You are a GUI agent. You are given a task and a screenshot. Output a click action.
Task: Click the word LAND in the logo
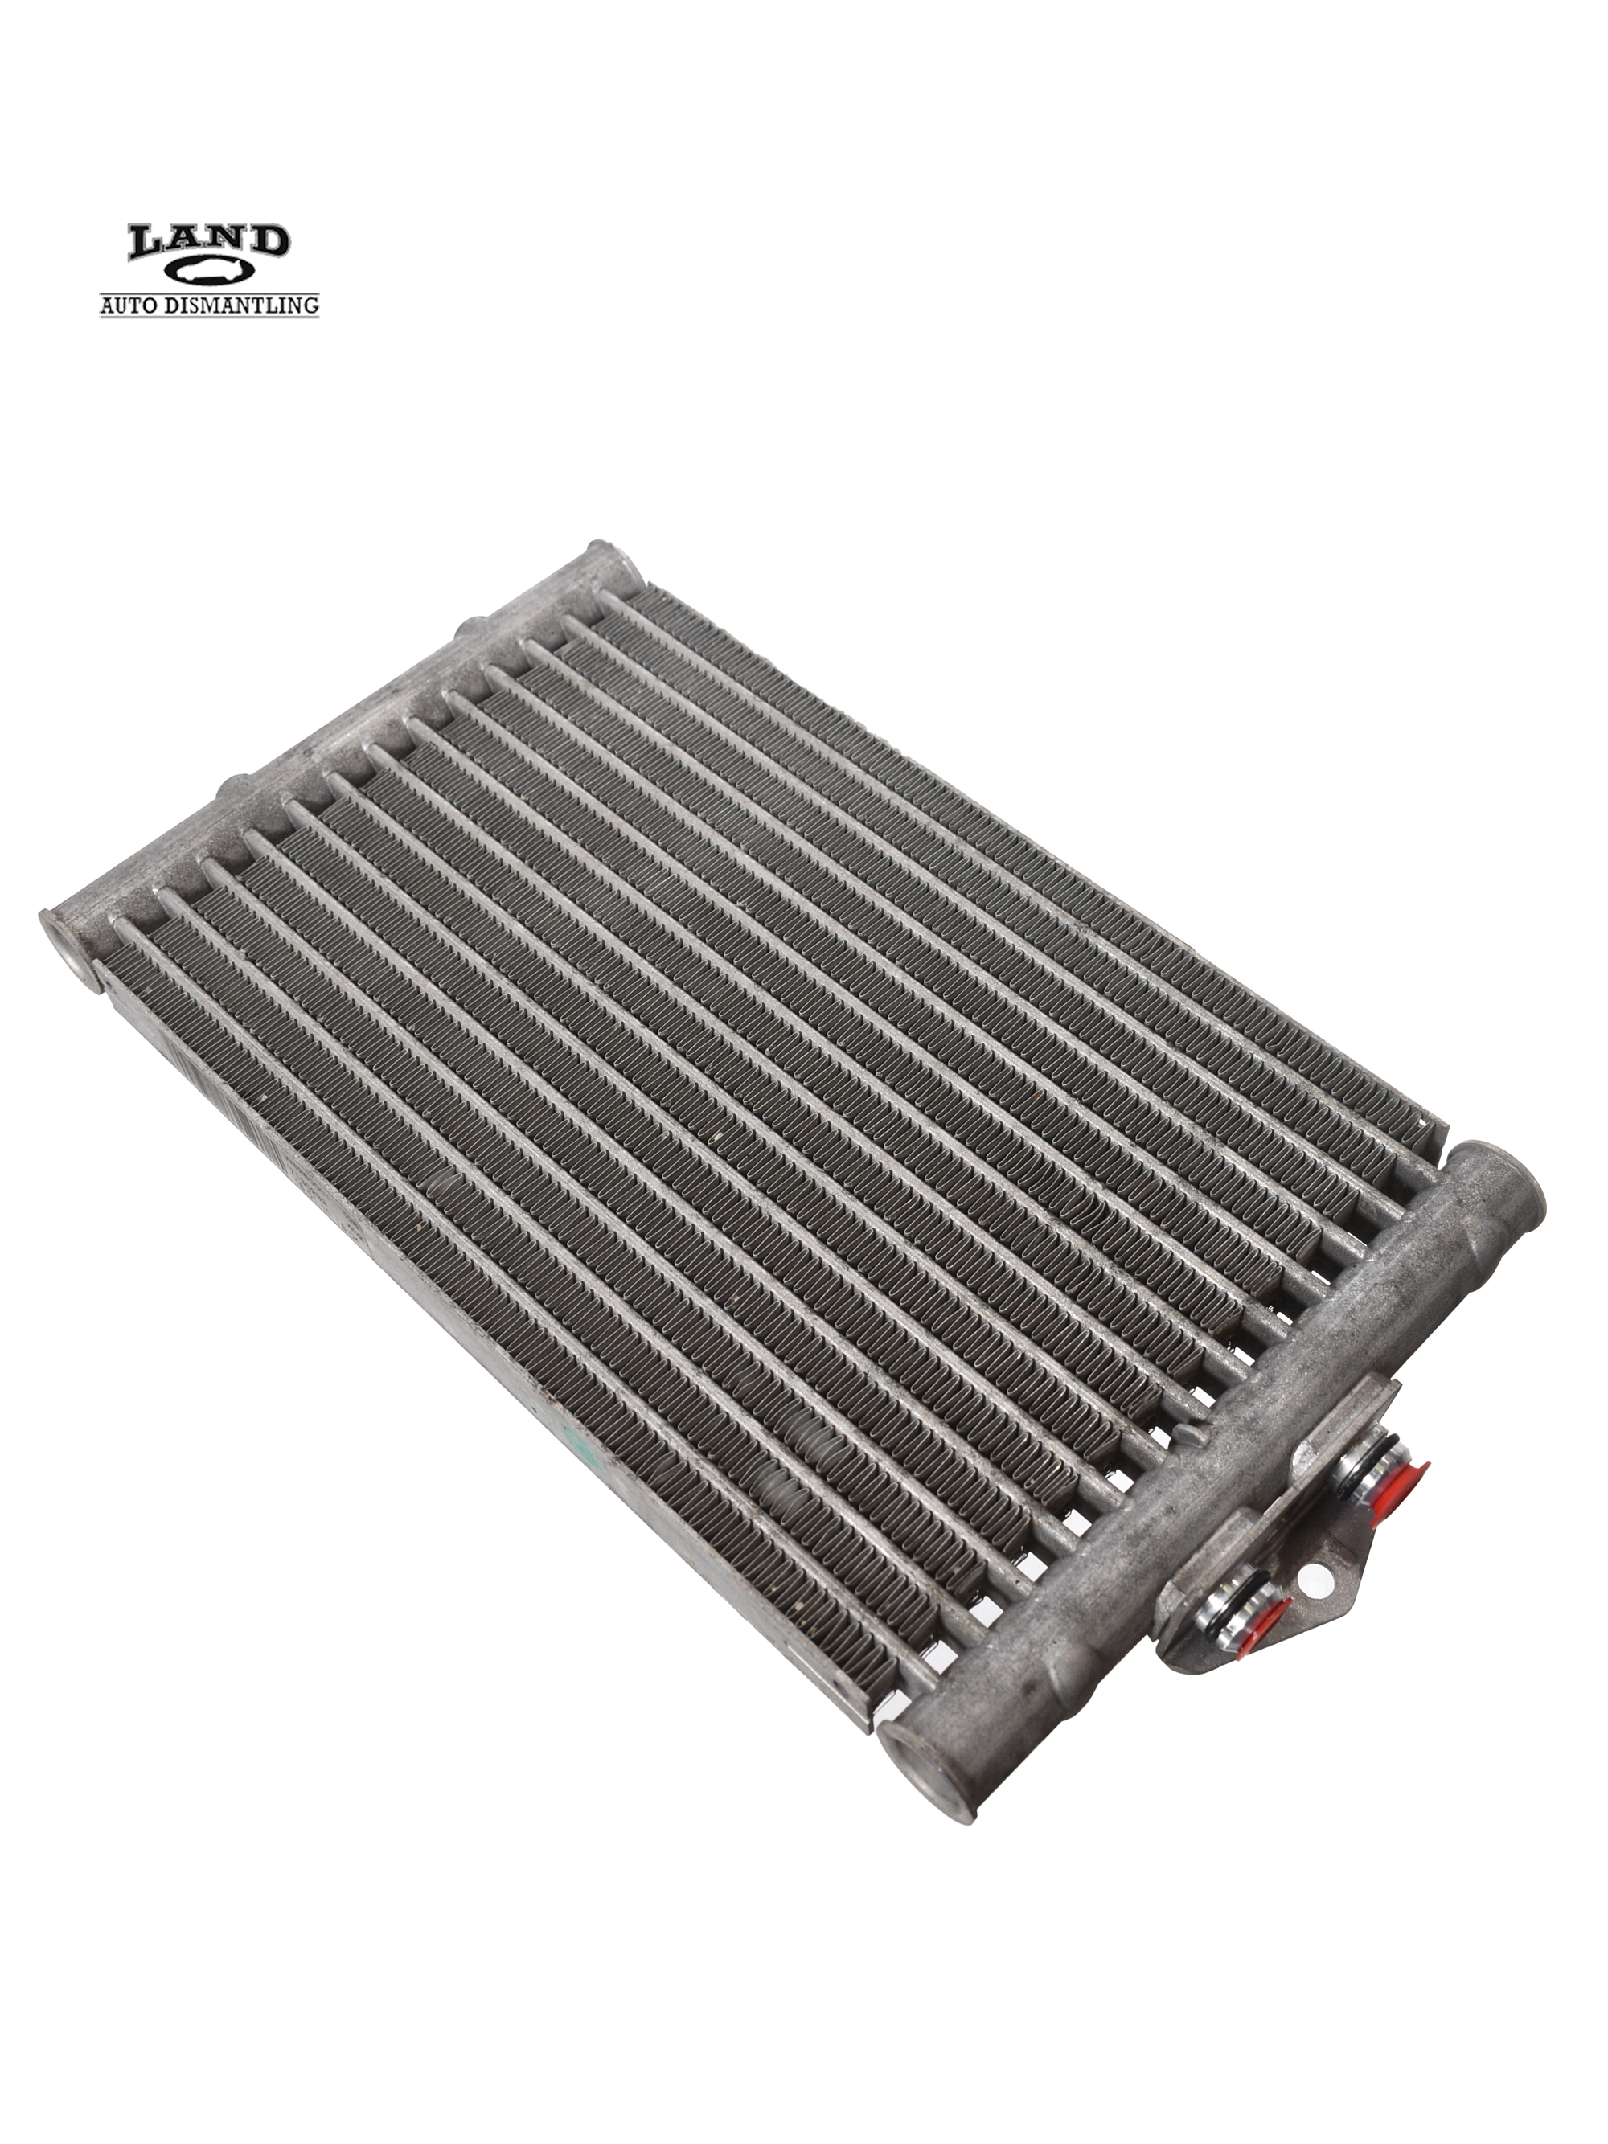click(x=209, y=242)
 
